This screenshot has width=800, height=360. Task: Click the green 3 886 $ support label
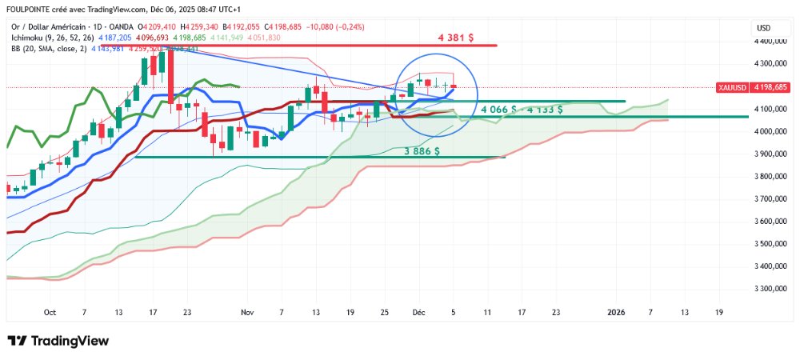click(x=427, y=150)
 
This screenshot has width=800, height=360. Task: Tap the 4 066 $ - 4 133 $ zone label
click(x=521, y=109)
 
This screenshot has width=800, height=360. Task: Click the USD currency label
click(x=763, y=28)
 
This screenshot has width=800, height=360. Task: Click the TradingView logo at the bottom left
click(x=58, y=341)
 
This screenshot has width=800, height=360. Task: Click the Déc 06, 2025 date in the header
click(x=174, y=10)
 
